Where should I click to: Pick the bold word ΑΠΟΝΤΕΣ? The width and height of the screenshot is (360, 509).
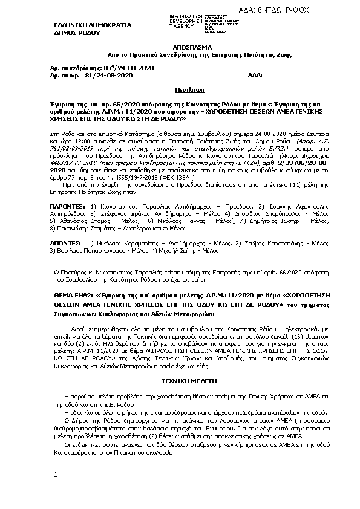click(65, 224)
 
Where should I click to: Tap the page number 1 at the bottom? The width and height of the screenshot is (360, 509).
click(55, 475)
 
